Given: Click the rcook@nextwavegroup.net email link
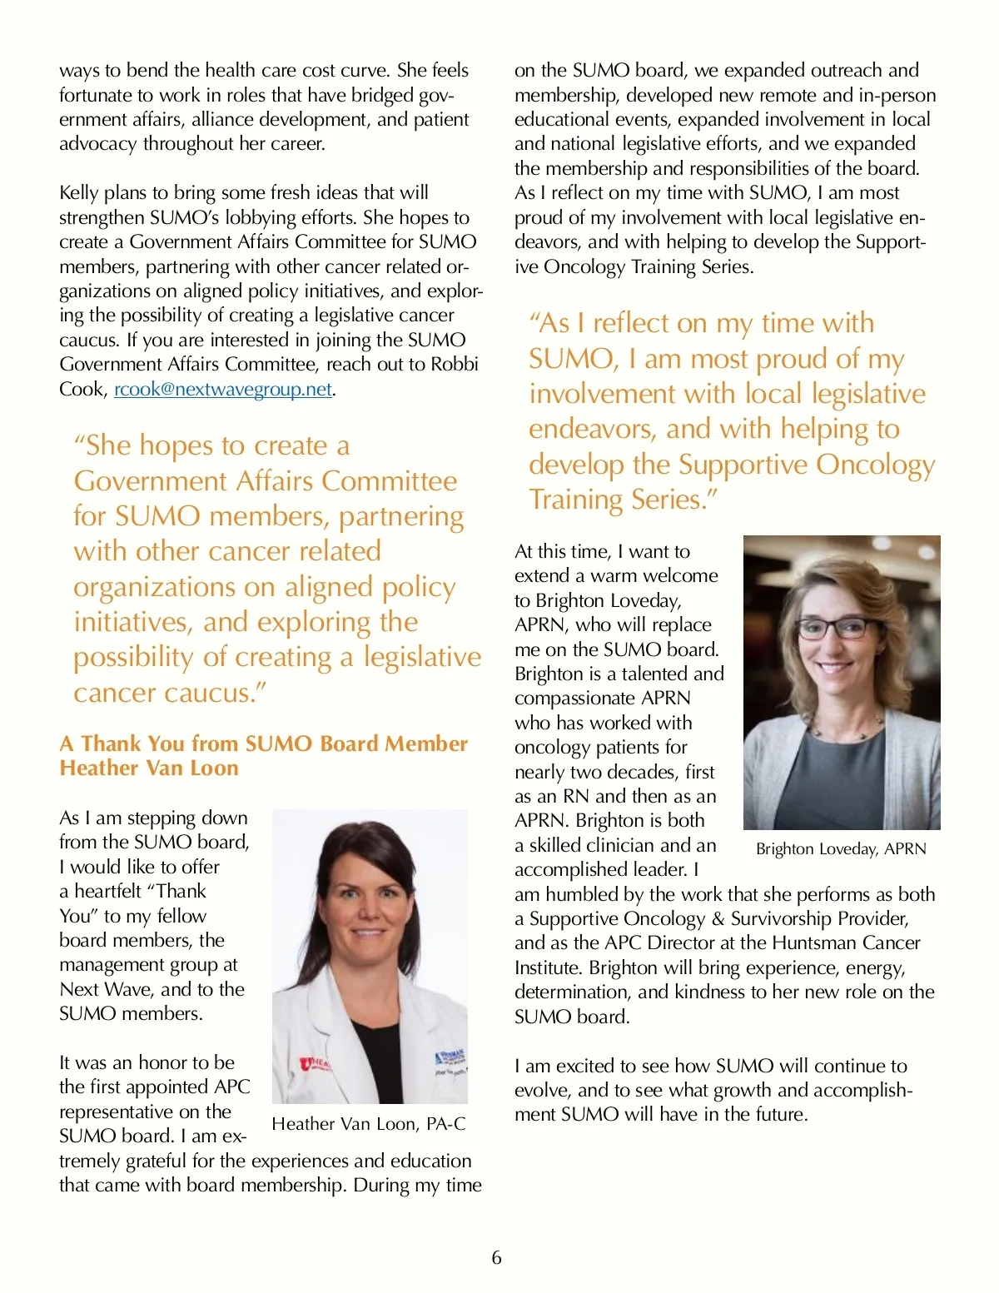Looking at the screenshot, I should (x=223, y=390).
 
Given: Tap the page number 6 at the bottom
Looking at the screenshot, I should (x=497, y=1257).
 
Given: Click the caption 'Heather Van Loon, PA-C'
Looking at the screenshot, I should (x=369, y=1124).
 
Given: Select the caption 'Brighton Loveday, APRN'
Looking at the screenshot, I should (x=841, y=849).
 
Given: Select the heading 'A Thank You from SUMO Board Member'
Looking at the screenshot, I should (x=263, y=743).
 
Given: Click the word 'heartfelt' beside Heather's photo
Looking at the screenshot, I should (x=107, y=892).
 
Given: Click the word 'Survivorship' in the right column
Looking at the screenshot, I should (x=782, y=918).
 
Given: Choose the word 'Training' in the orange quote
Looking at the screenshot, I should (x=576, y=500).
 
